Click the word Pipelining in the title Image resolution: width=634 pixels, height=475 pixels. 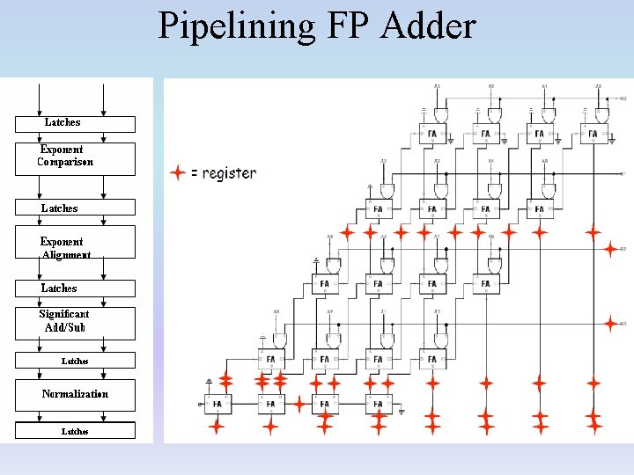point(235,26)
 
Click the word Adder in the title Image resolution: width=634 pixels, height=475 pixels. point(429,26)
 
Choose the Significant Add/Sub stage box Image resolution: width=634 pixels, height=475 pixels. point(75,323)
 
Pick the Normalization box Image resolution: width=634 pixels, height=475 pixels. point(75,395)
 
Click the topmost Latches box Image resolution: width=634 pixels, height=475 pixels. point(75,123)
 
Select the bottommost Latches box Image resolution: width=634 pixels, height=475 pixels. point(75,431)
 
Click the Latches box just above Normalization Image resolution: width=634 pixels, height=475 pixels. point(75,361)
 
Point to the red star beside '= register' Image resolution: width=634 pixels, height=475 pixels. point(178,173)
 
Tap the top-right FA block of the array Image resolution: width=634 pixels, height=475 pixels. point(593,135)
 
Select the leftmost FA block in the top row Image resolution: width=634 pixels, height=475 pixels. point(431,135)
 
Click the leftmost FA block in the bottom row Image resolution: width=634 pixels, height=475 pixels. point(217,405)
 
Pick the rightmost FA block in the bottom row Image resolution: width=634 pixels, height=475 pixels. point(378,405)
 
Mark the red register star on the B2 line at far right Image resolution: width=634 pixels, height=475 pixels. point(610,250)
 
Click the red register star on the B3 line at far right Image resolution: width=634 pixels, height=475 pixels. point(610,324)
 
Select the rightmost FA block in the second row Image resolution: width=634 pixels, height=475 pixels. point(539,209)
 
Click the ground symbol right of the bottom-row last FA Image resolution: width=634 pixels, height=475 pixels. point(401,410)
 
